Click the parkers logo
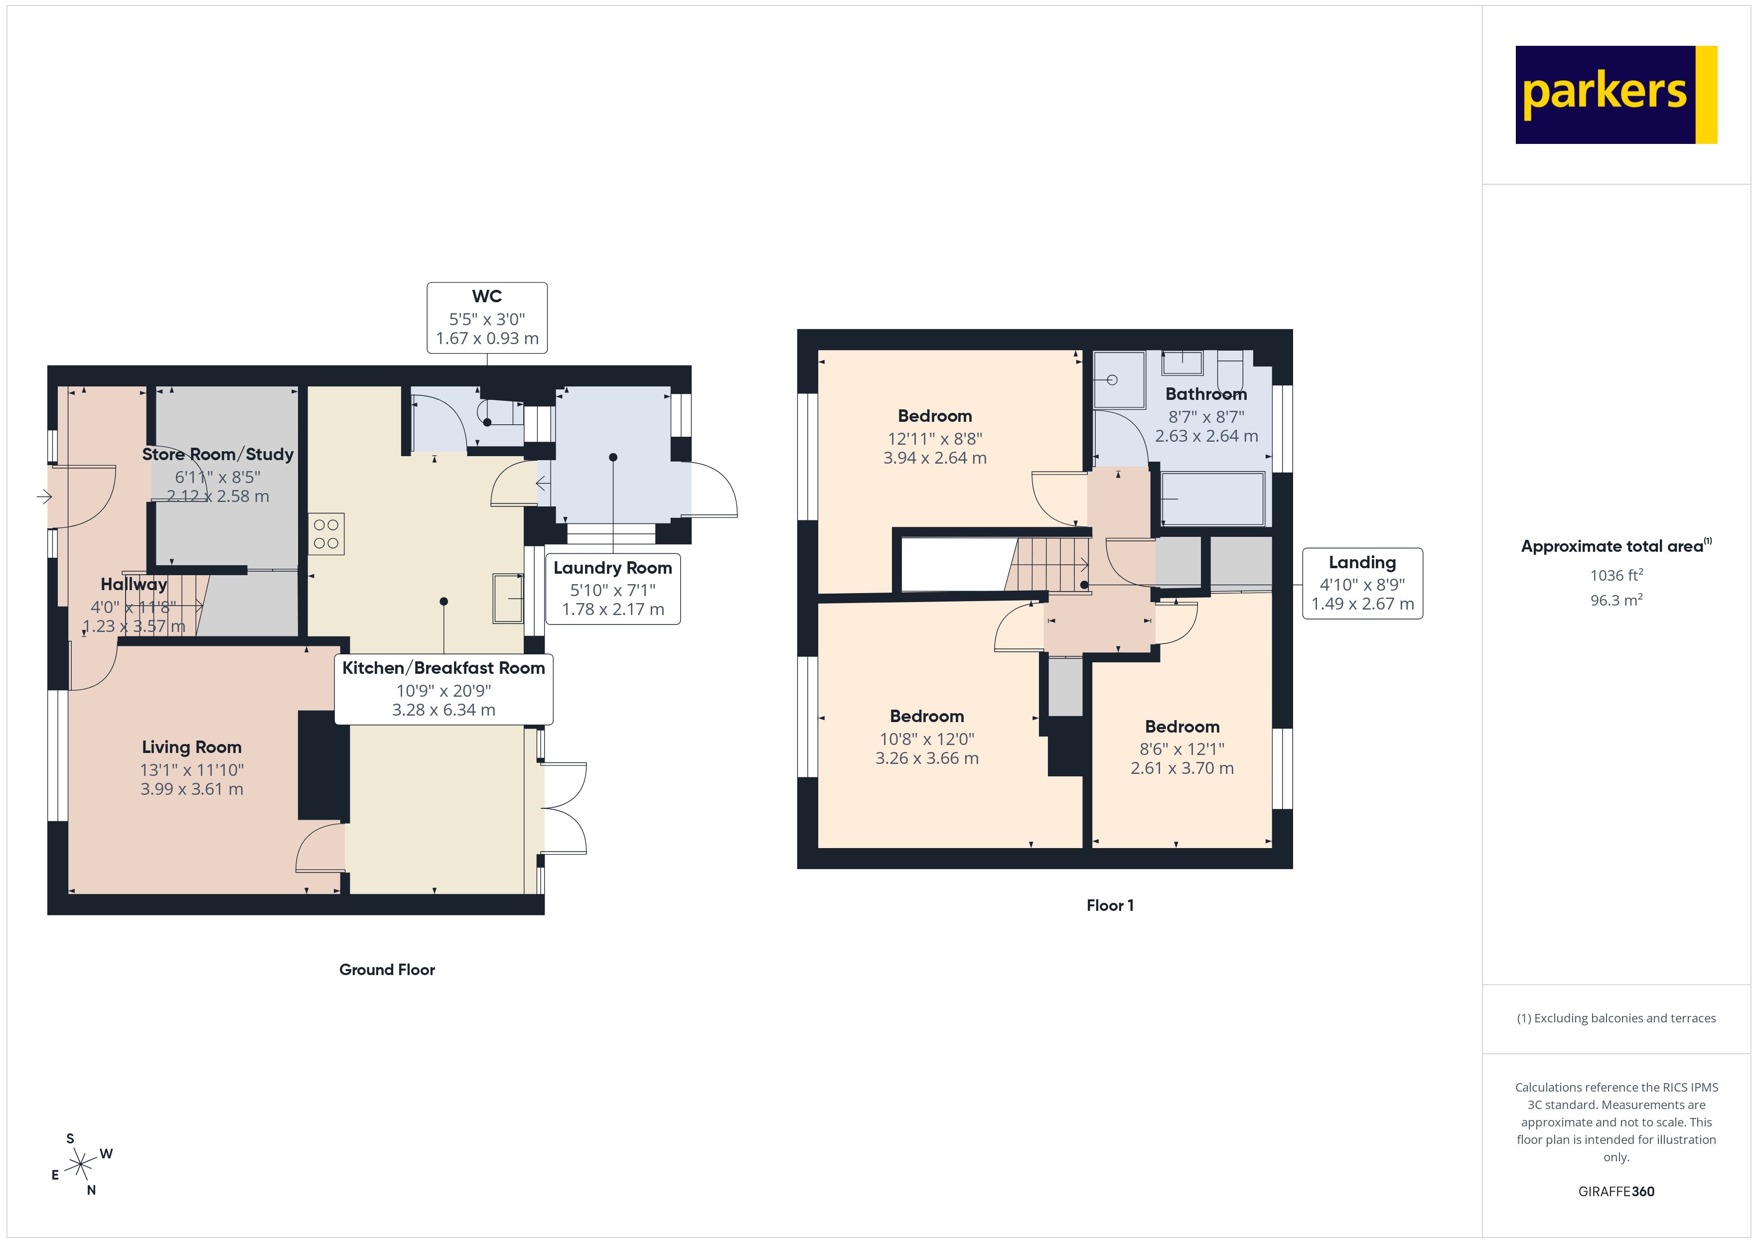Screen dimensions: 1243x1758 tap(1615, 95)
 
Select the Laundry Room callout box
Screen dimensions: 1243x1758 tap(612, 589)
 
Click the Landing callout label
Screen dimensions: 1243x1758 tap(1362, 583)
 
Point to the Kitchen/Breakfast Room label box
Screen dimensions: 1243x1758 tap(443, 688)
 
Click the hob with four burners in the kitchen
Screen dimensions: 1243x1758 tap(326, 533)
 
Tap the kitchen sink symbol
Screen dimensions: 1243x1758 tap(507, 598)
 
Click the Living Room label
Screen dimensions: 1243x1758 tap(191, 747)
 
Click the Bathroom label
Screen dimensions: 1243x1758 tap(1206, 394)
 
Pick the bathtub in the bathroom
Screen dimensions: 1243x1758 tap(1212, 499)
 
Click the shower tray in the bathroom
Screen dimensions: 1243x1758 tap(1119, 379)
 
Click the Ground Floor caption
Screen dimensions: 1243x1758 tap(387, 970)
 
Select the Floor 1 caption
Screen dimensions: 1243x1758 tap(1110, 905)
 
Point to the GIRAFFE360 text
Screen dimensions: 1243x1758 tap(1615, 1192)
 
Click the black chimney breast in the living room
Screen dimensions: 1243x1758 tap(323, 765)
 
